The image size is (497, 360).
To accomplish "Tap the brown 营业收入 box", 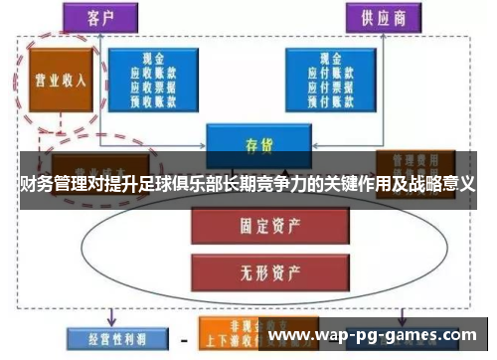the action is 60,79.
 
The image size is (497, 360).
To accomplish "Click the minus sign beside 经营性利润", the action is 183,338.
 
